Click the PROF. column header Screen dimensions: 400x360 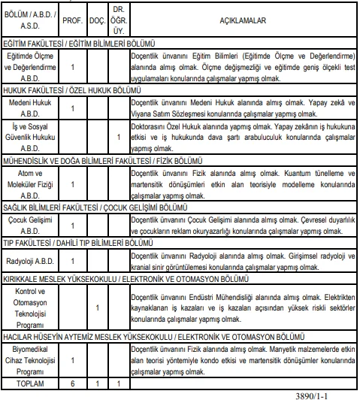pos(72,21)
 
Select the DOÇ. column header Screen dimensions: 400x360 pos(96,21)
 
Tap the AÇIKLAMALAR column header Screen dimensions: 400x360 pos(239,21)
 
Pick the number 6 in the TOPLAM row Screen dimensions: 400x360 pos(72,383)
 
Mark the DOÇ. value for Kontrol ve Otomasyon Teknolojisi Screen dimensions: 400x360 pos(96,308)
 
